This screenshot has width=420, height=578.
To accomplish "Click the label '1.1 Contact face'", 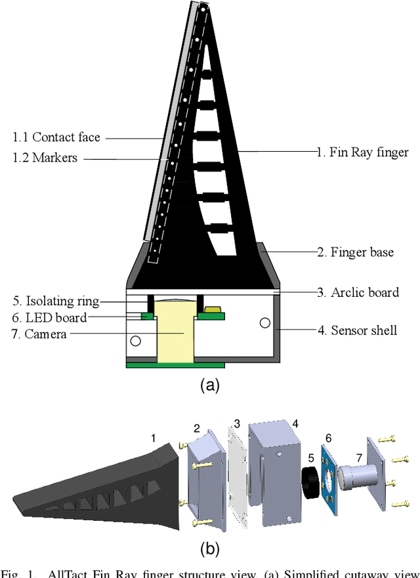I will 56,137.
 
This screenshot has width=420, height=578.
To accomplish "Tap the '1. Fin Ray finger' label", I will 362,152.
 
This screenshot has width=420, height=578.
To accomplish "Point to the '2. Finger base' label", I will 355,252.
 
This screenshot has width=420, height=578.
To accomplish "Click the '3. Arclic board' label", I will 358,292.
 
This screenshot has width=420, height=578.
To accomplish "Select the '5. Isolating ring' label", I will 56,301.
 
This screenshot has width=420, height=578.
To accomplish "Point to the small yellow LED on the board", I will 213,309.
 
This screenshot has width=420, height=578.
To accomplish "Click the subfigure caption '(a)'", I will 209,386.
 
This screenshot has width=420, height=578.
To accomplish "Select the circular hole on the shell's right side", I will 264,323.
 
